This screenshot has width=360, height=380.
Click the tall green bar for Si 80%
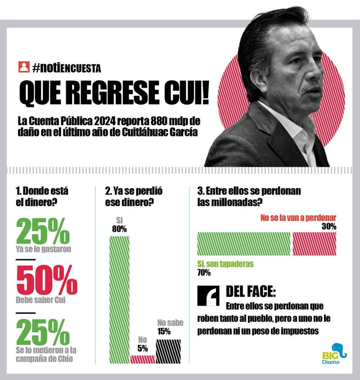pos(119,297)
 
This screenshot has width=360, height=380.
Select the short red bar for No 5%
pos(143,359)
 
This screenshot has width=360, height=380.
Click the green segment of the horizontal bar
pos(245,244)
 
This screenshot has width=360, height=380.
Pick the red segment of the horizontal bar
pos(314,244)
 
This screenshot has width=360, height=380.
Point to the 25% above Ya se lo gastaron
pos(43,231)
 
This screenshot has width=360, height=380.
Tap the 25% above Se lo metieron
pos(43,332)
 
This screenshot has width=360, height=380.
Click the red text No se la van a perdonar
pos(298,217)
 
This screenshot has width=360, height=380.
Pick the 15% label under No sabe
pos(164,332)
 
